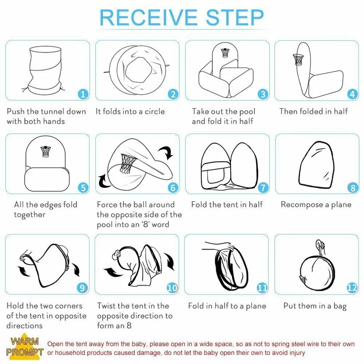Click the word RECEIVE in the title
[x=149, y=17]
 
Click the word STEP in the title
[x=235, y=17]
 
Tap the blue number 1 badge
[x=83, y=94]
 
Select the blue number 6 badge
[x=173, y=187]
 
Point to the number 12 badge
[x=352, y=288]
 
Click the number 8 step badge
[x=353, y=187]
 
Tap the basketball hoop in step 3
[x=225, y=53]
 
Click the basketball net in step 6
[x=127, y=164]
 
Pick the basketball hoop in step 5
[x=45, y=152]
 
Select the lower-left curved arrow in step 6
[x=103, y=182]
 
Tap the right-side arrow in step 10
[x=170, y=261]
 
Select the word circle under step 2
[x=155, y=111]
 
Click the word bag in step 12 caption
[x=340, y=306]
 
